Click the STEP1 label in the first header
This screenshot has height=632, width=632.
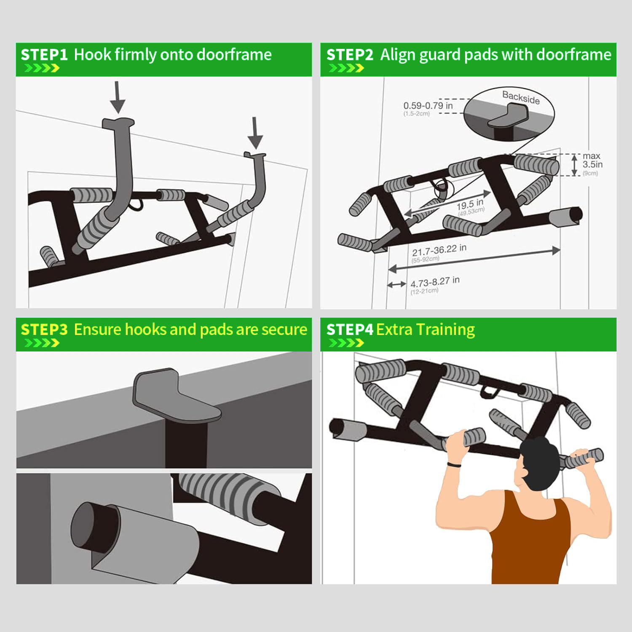[x=44, y=55]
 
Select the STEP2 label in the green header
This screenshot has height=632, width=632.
[x=350, y=55]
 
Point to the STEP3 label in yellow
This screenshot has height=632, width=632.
[x=44, y=329]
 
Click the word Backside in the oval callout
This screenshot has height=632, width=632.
[x=521, y=97]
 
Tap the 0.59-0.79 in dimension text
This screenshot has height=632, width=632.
[x=428, y=105]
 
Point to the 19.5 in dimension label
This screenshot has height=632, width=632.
[x=470, y=205]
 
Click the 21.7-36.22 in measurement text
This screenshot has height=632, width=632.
[x=439, y=250]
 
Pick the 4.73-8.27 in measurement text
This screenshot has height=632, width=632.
[x=435, y=282]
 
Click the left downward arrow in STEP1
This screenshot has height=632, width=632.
[x=118, y=97]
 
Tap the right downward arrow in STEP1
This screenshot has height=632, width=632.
[x=255, y=133]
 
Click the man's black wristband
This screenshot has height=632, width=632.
[x=453, y=464]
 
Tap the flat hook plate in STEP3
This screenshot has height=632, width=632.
[x=173, y=396]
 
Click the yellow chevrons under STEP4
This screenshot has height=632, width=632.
[x=346, y=343]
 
